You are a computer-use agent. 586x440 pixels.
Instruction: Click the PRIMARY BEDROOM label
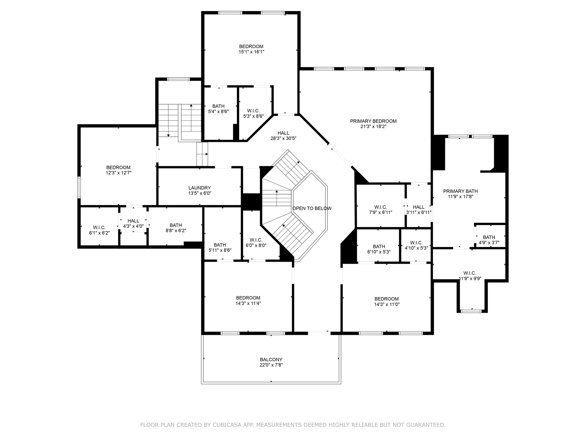373,121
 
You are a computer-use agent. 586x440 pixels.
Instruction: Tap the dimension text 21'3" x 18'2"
373,127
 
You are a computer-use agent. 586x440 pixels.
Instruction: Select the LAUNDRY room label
199,188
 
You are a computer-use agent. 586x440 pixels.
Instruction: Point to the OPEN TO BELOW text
312,209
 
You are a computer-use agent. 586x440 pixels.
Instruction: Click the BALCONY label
271,360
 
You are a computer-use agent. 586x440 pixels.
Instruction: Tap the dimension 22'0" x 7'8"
271,365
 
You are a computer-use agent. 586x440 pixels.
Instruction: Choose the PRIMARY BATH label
460,191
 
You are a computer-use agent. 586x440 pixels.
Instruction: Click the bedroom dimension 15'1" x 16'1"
251,52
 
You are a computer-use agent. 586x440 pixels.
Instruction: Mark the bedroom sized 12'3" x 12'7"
118,170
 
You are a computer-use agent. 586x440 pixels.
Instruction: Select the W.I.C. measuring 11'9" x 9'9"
470,276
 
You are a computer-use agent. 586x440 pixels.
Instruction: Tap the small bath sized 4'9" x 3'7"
489,240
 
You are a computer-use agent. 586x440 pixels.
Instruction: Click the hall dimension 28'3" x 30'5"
283,138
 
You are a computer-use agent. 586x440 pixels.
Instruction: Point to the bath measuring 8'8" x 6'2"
176,228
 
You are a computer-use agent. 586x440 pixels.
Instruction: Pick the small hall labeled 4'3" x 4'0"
133,223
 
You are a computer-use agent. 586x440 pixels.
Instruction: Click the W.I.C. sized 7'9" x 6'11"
381,210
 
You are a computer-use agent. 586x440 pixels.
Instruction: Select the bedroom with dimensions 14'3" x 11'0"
387,302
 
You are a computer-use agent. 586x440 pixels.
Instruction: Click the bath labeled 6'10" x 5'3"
379,249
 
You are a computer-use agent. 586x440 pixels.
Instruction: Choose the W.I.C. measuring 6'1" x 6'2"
99,230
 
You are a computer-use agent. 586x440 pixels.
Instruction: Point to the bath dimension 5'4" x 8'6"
218,112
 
